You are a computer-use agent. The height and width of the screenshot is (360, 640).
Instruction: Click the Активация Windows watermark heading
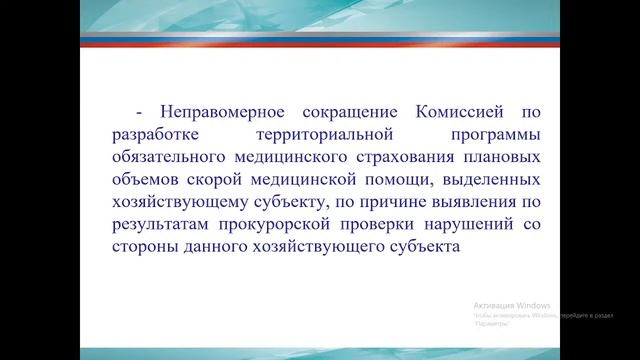(x=512, y=304)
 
